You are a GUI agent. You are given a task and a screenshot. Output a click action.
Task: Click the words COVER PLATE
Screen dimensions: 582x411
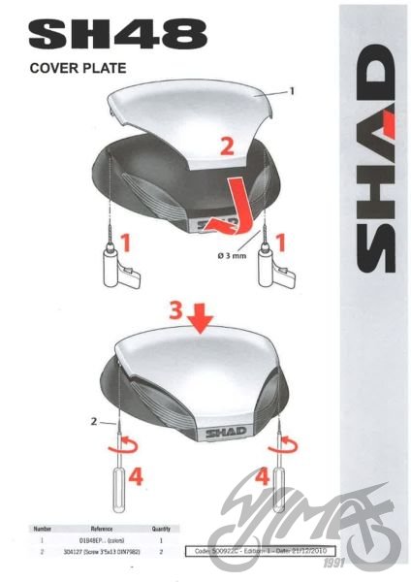[78, 69]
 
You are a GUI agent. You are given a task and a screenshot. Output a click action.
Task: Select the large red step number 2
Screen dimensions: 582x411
[226, 146]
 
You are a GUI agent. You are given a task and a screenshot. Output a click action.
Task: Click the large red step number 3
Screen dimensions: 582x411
[174, 311]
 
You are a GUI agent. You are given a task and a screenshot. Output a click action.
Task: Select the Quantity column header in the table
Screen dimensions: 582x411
[160, 530]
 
